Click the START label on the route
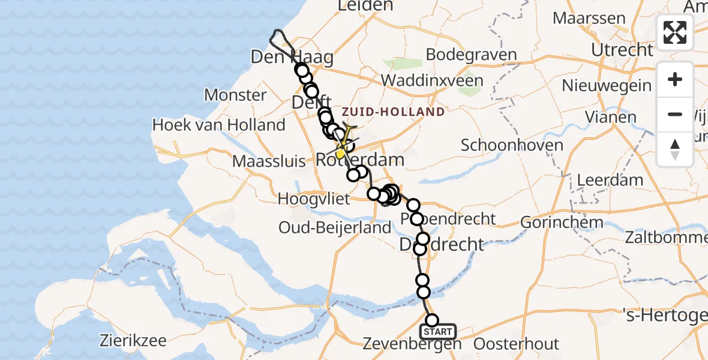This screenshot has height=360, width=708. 438,332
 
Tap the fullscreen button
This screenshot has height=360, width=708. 675,32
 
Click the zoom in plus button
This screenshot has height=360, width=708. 675,79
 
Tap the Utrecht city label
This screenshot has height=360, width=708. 622,49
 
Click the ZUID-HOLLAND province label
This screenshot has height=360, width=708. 394,112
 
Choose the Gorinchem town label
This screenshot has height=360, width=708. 562,222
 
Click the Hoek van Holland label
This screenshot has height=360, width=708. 218,125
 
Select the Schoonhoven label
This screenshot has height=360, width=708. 512,145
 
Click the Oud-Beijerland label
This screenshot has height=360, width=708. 335,228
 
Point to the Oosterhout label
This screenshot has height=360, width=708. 516,344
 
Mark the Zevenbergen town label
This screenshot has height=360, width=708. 412,344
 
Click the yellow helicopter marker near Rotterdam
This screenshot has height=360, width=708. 341,154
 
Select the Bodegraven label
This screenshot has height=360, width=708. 471,55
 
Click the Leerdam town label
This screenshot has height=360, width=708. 610,179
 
